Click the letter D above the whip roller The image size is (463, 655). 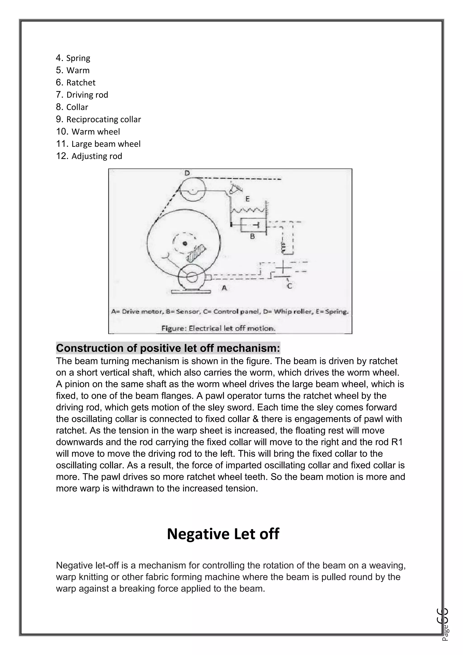click(187, 173)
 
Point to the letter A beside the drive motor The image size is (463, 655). click(224, 288)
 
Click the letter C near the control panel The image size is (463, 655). click(289, 286)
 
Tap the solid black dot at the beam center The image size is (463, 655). click(185, 243)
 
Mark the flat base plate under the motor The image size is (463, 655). click(191, 292)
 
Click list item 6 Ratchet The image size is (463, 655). click(81, 83)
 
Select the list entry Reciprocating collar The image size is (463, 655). click(104, 119)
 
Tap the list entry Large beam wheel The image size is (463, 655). click(106, 144)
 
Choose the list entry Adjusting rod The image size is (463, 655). click(97, 156)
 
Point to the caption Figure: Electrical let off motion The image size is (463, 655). click(218, 328)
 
